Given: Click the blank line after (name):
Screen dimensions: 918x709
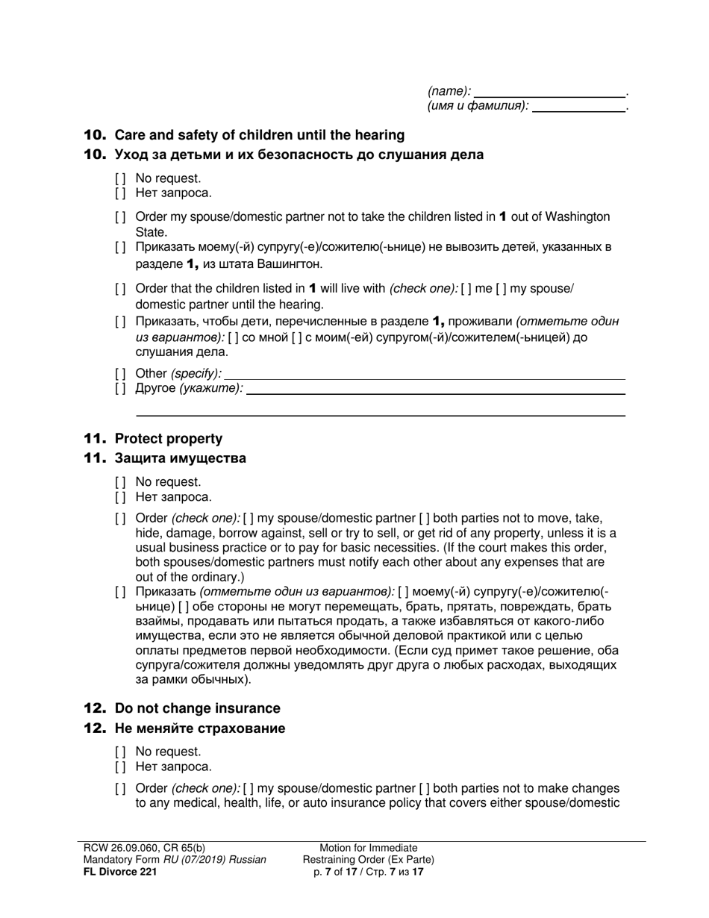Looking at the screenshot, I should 550,92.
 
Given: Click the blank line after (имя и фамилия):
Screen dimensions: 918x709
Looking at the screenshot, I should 579,107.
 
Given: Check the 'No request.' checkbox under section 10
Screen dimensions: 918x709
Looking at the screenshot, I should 121,179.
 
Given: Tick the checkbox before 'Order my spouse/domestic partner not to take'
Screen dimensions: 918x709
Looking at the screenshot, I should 121,217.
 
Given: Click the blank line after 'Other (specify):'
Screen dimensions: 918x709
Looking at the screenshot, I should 424,374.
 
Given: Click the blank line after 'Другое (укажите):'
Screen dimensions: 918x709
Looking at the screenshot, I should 435,389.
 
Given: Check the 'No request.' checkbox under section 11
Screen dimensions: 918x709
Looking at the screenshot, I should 121,482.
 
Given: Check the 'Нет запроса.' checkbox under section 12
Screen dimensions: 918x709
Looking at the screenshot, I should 121,766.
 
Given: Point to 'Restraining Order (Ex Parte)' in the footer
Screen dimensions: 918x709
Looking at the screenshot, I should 368,860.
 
